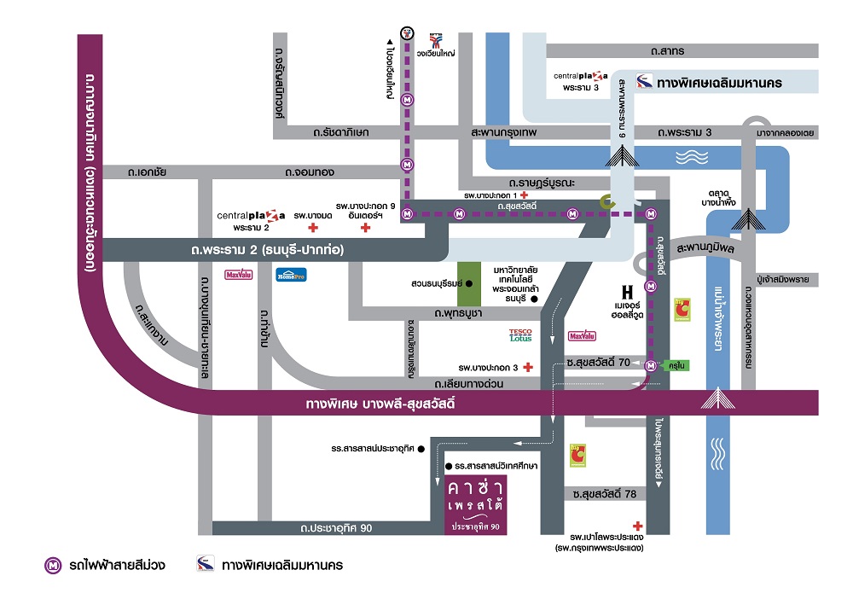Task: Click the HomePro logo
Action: point(291,275)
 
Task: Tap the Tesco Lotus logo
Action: point(520,335)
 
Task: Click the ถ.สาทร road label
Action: point(667,51)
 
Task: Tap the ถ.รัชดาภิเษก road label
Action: point(340,133)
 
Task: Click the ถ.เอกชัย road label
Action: point(147,172)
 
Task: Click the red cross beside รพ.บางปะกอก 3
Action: point(528,367)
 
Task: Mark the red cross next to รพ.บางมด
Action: point(313,228)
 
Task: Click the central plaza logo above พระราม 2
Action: point(252,217)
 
